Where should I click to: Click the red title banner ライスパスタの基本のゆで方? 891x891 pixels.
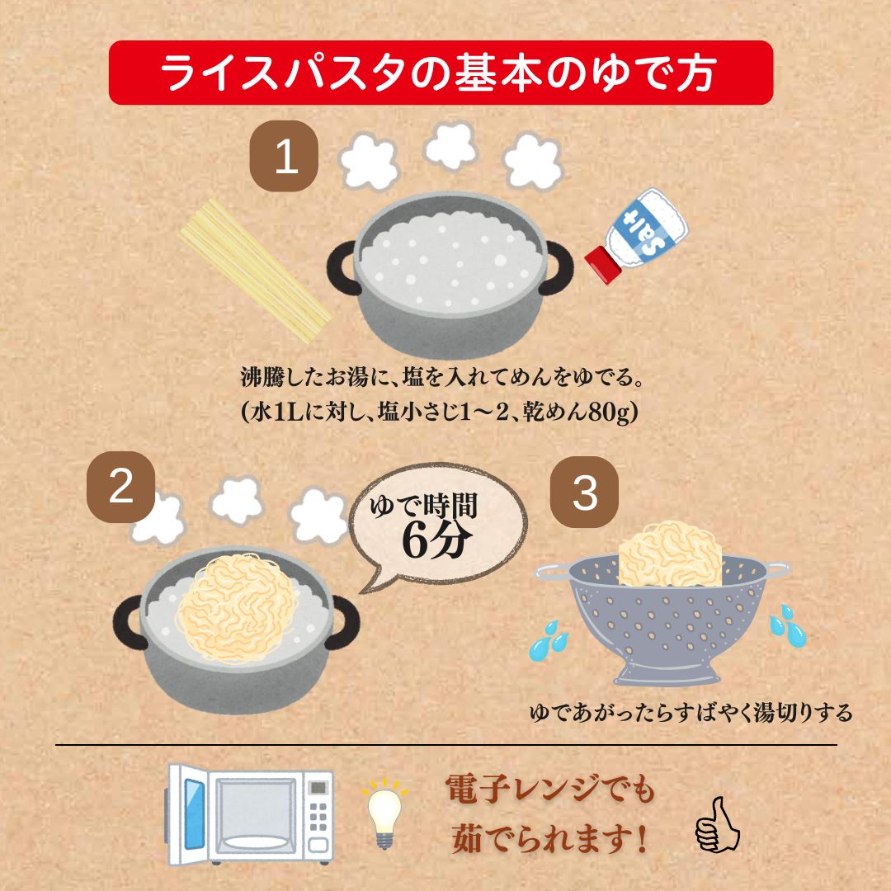click(441, 73)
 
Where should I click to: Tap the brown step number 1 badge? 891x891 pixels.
click(285, 155)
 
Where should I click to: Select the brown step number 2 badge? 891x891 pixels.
click(121, 488)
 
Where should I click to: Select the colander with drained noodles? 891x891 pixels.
click(660, 610)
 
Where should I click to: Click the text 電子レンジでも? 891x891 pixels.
click(550, 790)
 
